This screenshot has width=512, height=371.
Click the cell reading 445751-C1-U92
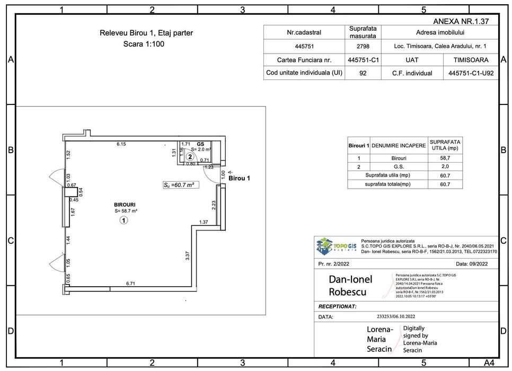471,73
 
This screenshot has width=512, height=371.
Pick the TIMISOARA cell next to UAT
471,60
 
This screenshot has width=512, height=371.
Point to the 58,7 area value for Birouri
445,158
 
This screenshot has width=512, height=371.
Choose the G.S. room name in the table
399,166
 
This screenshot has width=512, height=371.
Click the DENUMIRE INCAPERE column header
399,145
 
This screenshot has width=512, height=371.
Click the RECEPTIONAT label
337,306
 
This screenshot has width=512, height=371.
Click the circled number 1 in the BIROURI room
123,221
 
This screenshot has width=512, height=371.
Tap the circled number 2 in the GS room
190,156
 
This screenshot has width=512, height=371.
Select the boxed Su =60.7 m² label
178,185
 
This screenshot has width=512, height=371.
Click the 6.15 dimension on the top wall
121,144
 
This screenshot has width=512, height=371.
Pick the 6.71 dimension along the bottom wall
130,284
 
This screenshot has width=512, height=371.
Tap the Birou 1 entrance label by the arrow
239,179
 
